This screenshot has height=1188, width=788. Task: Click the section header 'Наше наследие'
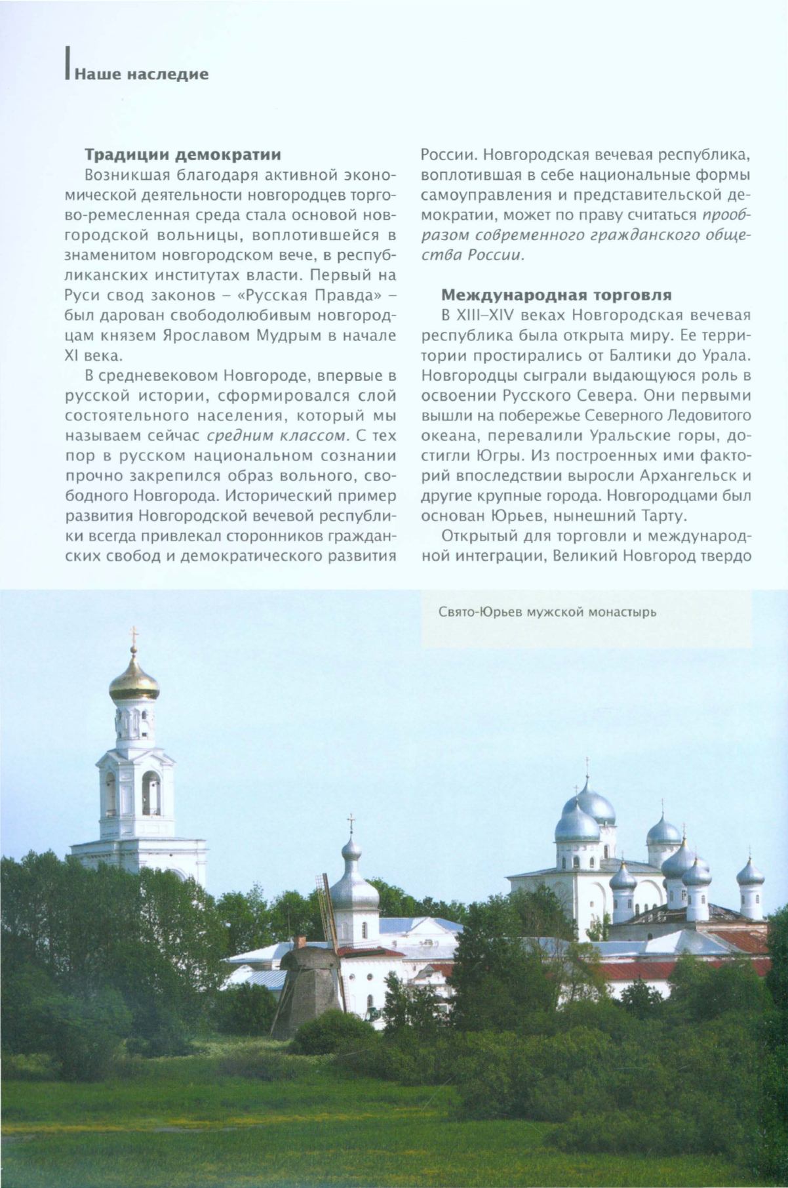click(x=141, y=74)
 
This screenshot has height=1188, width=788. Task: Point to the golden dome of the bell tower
click(x=134, y=682)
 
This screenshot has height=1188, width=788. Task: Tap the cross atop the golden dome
click(x=134, y=634)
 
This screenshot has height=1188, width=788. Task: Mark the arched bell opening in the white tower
click(x=150, y=793)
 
